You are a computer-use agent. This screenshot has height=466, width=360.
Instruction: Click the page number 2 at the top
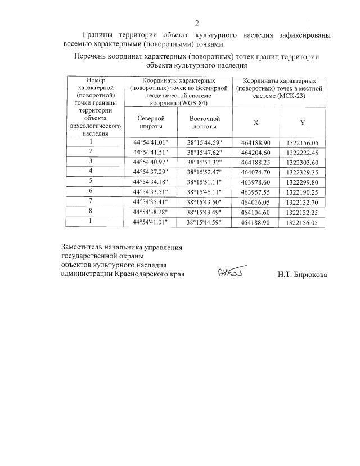pos(197,23)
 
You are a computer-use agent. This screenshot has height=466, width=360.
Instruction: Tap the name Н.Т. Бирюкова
pos(301,275)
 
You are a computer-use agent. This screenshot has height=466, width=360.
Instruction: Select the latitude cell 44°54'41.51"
pos(150,153)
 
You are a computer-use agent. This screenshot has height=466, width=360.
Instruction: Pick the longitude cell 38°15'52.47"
pos(204,171)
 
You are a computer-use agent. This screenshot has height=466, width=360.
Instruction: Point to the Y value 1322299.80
pos(302,182)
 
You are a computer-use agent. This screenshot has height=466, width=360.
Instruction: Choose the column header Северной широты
pos(150,123)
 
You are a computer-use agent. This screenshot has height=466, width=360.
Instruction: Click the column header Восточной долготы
pos(204,123)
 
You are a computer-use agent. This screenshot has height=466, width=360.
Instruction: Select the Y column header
pos(302,123)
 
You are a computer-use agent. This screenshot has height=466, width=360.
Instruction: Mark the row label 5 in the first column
pos(91,181)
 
